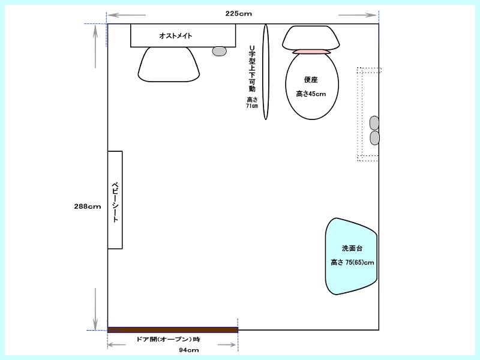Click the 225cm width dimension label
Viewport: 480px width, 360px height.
tap(238, 13)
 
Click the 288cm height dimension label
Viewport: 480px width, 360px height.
tap(88, 206)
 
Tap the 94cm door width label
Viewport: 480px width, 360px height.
tap(189, 350)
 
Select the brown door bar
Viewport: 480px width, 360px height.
tap(173, 329)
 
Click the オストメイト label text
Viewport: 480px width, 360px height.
tap(175, 36)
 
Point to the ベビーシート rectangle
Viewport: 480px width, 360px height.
tap(115, 200)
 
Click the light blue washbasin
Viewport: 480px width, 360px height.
tap(351, 256)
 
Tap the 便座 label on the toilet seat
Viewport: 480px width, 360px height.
tap(311, 80)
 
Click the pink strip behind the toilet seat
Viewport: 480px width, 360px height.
tap(311, 52)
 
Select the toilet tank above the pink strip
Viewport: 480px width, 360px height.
tap(311, 38)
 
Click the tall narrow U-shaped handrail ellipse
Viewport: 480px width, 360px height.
tap(266, 72)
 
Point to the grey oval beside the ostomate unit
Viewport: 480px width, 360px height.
tap(220, 51)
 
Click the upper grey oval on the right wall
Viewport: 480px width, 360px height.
tap(374, 123)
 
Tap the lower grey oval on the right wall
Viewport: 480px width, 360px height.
tap(374, 138)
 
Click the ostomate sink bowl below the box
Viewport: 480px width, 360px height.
tap(169, 65)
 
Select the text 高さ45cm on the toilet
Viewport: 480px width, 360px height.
tap(311, 94)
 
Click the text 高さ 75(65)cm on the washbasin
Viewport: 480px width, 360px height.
tap(352, 262)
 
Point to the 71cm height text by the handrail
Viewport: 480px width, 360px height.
tap(252, 106)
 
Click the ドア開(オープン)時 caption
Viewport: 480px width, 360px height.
tap(168, 339)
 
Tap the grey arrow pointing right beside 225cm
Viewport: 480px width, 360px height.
tap(357, 15)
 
